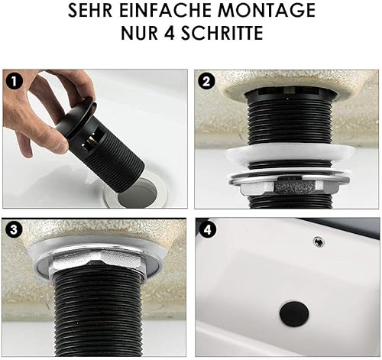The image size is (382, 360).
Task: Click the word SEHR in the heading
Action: [x=90, y=11]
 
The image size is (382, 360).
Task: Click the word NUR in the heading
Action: [x=140, y=33]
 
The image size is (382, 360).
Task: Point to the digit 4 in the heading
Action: [x=170, y=33]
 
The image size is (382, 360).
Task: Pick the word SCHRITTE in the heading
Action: [x=222, y=33]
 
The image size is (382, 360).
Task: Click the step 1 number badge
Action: [x=15, y=82]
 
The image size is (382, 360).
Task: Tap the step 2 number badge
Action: [x=206, y=82]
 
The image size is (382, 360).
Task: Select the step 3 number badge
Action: [x=14, y=230]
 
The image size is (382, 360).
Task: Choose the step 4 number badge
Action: [x=208, y=230]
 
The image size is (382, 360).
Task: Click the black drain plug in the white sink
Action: [x=294, y=313]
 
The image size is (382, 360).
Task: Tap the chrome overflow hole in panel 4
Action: [x=319, y=241]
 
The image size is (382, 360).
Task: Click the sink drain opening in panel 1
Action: [x=138, y=193]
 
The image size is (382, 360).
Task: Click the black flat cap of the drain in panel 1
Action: [x=76, y=118]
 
